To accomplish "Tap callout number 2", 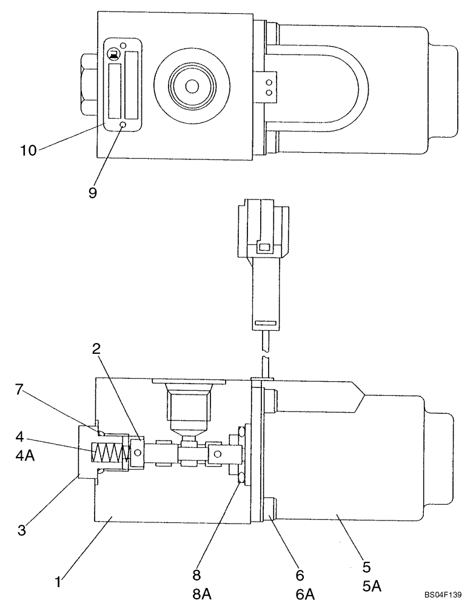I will point(97,348).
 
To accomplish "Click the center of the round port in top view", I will point(192,87).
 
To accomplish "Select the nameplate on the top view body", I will point(123,84).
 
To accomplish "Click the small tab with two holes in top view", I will point(269,84).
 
